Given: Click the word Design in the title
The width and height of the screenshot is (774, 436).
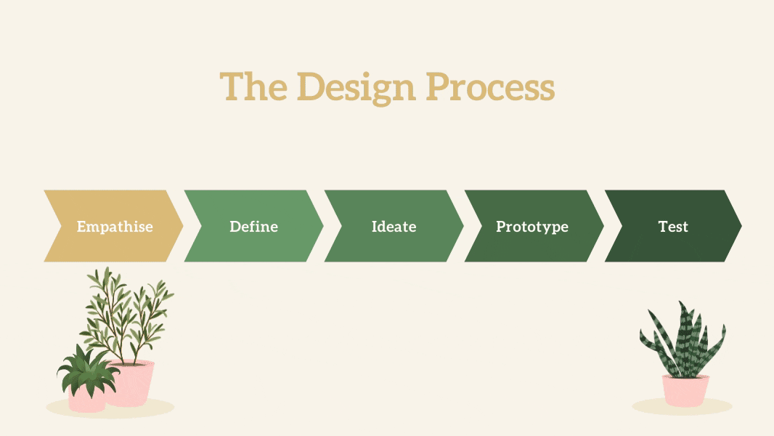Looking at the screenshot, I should point(356,88).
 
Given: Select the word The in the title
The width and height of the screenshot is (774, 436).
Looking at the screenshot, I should point(253,86).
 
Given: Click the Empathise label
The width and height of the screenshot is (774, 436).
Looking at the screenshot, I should point(115,227).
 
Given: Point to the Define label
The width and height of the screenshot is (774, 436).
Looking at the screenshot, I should point(253,227).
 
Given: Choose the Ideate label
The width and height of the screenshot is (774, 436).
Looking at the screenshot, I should point(394,227).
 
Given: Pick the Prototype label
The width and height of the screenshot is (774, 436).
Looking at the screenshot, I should point(532,227).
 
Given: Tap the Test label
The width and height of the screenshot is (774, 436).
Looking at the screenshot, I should point(673,227).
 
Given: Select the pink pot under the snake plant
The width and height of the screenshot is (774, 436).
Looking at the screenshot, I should point(685,390).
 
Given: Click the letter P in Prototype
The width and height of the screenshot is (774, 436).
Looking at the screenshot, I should point(501,227).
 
